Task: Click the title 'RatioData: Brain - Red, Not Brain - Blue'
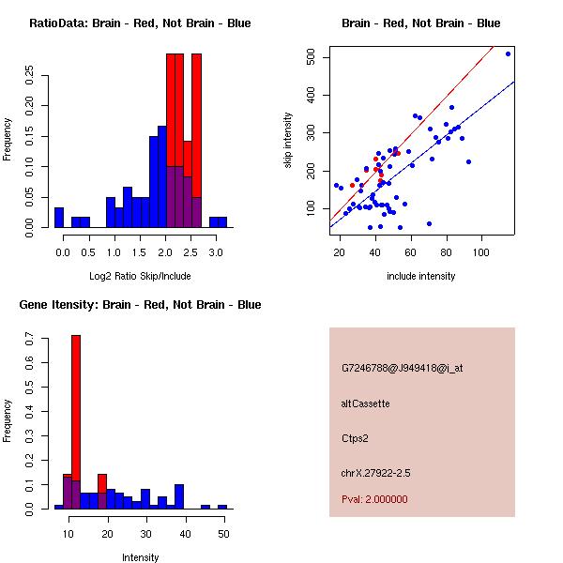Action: pyautogui.click(x=140, y=23)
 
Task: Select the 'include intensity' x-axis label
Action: pyautogui.click(x=420, y=276)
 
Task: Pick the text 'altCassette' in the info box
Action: pyautogui.click(x=366, y=403)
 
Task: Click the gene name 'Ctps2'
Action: pyautogui.click(x=357, y=438)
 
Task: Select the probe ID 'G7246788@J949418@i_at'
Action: pyautogui.click(x=402, y=368)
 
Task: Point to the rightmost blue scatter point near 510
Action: pyautogui.click(x=508, y=53)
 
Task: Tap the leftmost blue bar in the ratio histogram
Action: pyautogui.click(x=59, y=217)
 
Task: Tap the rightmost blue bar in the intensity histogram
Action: pyautogui.click(x=222, y=507)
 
